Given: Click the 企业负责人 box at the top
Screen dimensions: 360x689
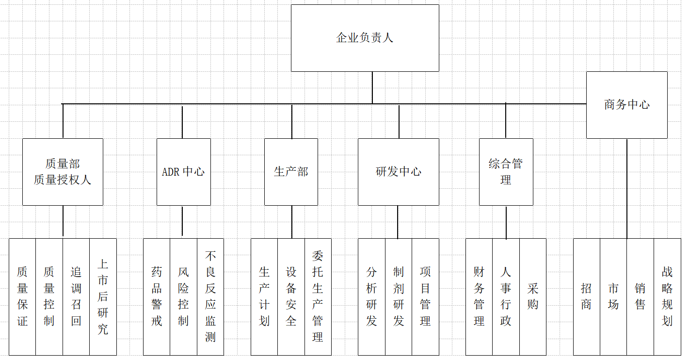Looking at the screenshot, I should click(x=365, y=38).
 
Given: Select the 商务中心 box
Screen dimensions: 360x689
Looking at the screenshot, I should click(x=626, y=105).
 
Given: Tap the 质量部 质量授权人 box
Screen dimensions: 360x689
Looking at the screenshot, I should click(x=63, y=172).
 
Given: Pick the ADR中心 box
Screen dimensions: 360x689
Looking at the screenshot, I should click(x=183, y=172).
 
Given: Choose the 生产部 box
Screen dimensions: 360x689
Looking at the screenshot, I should click(x=291, y=172).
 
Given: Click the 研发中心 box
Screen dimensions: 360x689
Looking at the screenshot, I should click(x=399, y=172).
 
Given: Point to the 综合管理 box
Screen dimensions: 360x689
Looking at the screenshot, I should click(x=506, y=172).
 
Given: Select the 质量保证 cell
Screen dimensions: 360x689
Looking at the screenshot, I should click(x=22, y=296).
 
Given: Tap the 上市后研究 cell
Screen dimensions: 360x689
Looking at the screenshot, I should click(x=103, y=296).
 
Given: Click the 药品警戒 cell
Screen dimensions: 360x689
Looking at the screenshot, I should click(x=157, y=296).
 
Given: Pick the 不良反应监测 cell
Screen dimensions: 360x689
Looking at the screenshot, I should click(x=210, y=296).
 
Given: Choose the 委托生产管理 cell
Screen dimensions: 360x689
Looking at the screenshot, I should click(x=318, y=296).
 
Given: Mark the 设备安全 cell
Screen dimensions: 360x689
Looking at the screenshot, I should click(x=291, y=296).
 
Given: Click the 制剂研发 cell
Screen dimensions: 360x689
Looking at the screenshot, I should click(x=399, y=296).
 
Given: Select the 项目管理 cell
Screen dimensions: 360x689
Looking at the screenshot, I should click(x=425, y=296).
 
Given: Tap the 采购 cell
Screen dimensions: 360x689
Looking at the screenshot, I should click(x=532, y=296).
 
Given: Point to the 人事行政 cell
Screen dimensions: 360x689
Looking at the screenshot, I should click(x=506, y=296).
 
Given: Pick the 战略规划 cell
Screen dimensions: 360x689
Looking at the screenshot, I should click(x=667, y=296).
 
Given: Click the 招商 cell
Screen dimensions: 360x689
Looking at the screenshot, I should click(x=586, y=296).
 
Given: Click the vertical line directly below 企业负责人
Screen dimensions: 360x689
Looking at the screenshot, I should click(x=372, y=87).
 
